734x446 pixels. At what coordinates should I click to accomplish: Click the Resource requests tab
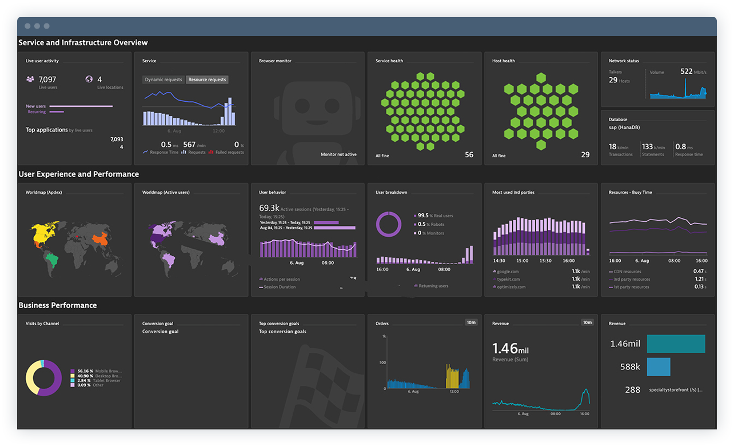[207, 80]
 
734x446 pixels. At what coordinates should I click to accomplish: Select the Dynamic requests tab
[163, 80]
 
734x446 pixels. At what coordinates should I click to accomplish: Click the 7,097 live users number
[47, 79]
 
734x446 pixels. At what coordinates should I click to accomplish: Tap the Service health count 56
[469, 154]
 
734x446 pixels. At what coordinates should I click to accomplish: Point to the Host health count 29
[585, 154]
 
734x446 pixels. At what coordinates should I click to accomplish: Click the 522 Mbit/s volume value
[687, 71]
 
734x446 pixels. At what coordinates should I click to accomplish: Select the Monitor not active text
[338, 154]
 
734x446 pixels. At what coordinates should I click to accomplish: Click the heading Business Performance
[57, 305]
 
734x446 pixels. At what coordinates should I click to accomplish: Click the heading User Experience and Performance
[78, 174]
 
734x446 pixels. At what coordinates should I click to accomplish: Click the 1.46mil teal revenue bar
[676, 344]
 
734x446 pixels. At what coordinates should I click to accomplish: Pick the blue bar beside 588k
[659, 367]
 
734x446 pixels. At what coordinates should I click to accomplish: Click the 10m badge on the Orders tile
[471, 322]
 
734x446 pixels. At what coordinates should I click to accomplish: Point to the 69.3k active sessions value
[269, 208]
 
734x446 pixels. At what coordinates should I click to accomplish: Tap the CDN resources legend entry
[627, 272]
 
